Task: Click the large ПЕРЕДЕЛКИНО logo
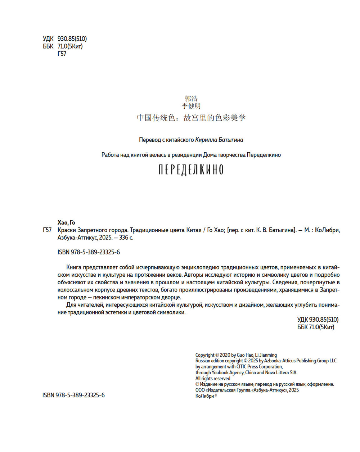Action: coord(191,170)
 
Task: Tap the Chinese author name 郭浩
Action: coord(191,99)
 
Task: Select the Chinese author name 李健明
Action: coord(191,106)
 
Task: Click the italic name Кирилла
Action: coord(206,140)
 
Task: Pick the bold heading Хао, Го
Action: coord(66,222)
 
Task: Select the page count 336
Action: coord(123,238)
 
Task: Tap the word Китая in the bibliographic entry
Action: coord(194,230)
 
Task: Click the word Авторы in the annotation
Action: coord(196,275)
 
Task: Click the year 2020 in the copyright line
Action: coord(225,355)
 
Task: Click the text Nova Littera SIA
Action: coord(281,372)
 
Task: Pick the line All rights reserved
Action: coord(213,379)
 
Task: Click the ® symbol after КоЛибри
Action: coord(216,395)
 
